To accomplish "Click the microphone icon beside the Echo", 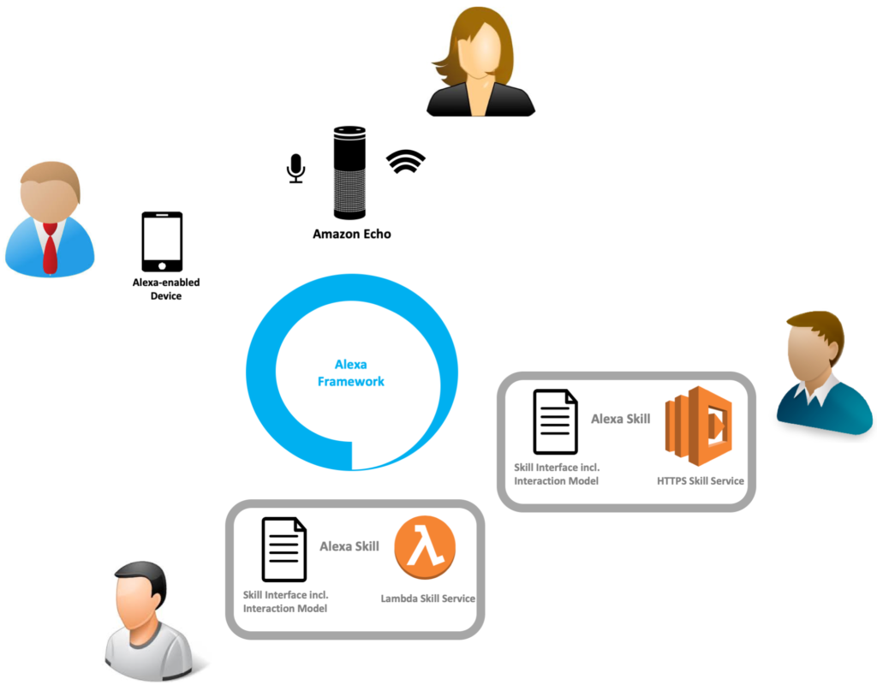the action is pyautogui.click(x=295, y=169).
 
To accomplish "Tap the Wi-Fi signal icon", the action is pyautogui.click(x=405, y=161).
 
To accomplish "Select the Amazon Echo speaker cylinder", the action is pyautogui.click(x=349, y=173).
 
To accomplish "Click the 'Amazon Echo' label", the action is pyautogui.click(x=352, y=234).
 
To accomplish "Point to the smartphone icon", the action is pyautogui.click(x=162, y=241).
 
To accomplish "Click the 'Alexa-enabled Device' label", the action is pyautogui.click(x=166, y=289).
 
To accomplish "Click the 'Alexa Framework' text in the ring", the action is pyautogui.click(x=350, y=373).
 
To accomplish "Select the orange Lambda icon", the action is pyautogui.click(x=425, y=547).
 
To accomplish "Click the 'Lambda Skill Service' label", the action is pyautogui.click(x=428, y=599).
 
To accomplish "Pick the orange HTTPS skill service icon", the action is pyautogui.click(x=699, y=426).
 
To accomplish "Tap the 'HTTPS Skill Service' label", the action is pyautogui.click(x=701, y=481).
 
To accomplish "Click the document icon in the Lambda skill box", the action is pyautogui.click(x=284, y=550).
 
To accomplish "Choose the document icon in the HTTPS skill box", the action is pyautogui.click(x=555, y=421).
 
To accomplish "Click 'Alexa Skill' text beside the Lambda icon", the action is pyautogui.click(x=349, y=546).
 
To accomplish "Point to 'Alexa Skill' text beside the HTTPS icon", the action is pyautogui.click(x=621, y=419).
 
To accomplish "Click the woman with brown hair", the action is pyautogui.click(x=480, y=62).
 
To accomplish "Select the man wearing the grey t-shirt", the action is pyautogui.click(x=149, y=621).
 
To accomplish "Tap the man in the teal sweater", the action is pyautogui.click(x=824, y=372).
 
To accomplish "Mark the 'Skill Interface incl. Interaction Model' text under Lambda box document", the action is pyautogui.click(x=285, y=602).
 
